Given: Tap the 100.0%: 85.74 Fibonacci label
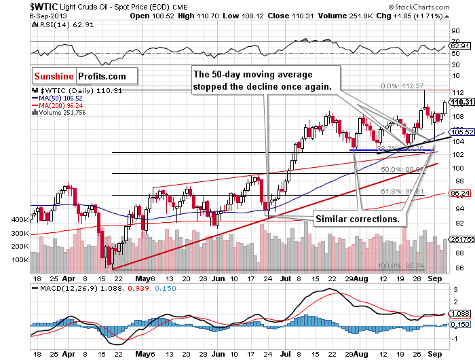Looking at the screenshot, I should [402, 266].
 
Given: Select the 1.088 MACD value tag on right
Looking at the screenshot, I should [461, 314].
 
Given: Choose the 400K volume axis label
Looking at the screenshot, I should [20, 221].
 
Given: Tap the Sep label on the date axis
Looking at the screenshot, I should [434, 278].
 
